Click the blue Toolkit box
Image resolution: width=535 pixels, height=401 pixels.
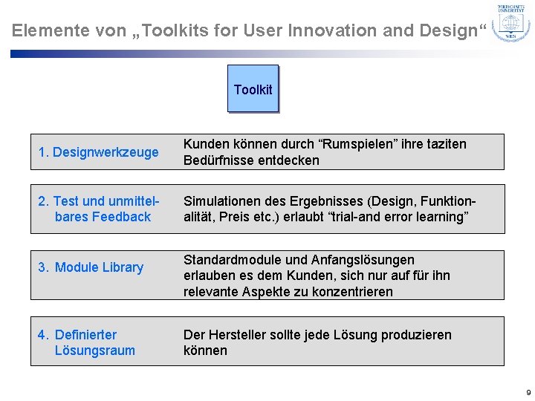pos(253,89)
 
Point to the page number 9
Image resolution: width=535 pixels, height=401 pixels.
pos(528,392)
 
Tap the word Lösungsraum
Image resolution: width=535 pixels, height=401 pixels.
pos(95,351)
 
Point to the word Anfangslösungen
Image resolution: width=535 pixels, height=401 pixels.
pos(375,259)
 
